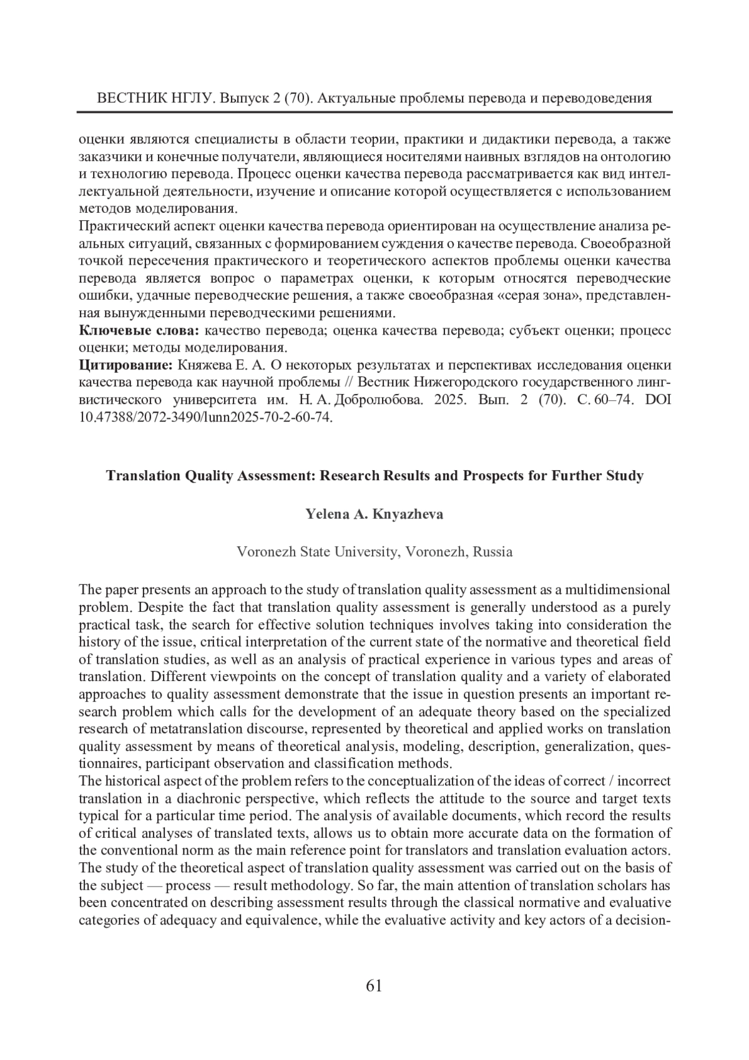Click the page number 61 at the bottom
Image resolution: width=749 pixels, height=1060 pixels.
coord(374,986)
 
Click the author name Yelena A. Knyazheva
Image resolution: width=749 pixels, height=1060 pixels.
coord(374,514)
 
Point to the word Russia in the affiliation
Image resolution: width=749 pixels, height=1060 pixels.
coord(493,552)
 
